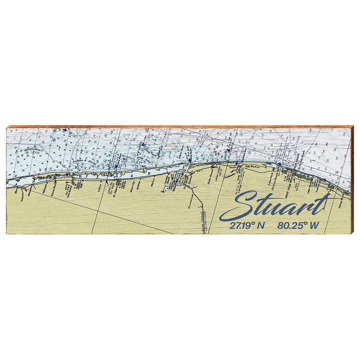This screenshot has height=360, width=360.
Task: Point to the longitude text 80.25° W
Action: (x=298, y=225)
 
